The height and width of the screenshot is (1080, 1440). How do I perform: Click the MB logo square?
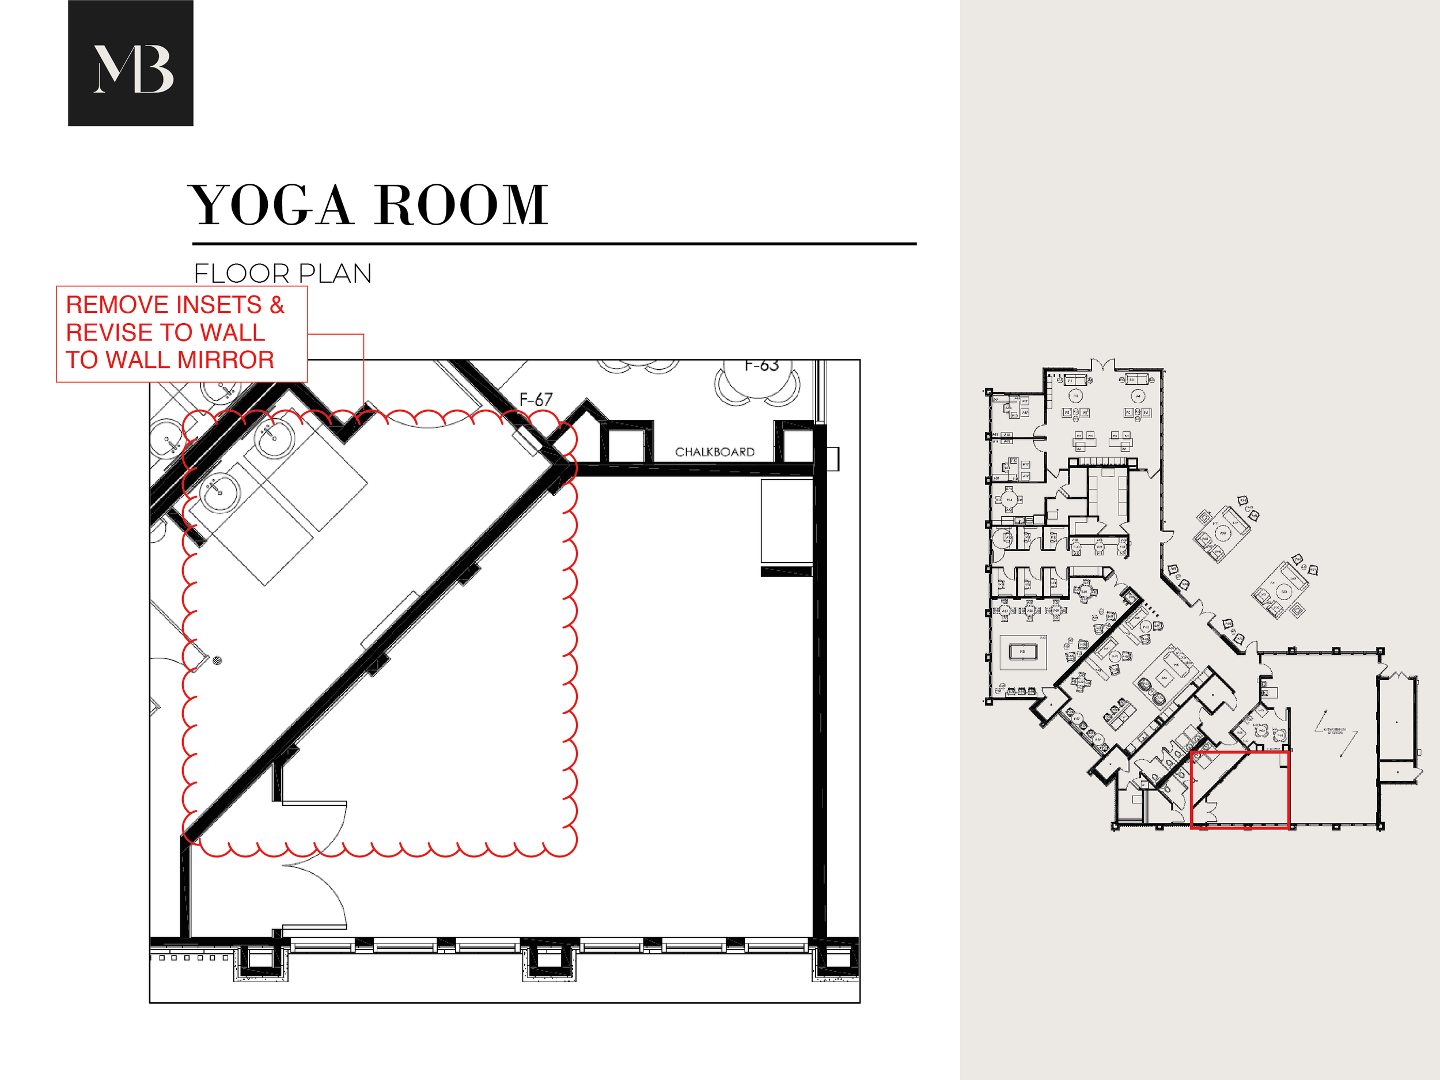coord(130,63)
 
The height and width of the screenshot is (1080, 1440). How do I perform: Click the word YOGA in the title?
coord(270,205)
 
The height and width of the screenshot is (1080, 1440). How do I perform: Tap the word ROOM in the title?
coord(461,205)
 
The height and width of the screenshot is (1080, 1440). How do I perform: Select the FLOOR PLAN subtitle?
coord(283,274)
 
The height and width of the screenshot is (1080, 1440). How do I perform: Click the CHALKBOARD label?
coord(715,452)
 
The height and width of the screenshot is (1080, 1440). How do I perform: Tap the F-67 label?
coord(536,399)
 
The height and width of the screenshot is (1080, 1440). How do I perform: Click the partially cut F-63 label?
coord(761,366)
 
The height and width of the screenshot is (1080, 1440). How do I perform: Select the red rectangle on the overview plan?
coord(1240,790)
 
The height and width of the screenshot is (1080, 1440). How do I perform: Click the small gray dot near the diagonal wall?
coord(217,660)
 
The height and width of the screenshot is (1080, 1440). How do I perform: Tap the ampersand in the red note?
coord(277,305)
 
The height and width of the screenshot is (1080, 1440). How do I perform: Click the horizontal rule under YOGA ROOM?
coord(554,244)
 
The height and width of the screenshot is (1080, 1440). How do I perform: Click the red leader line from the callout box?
coord(363,365)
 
